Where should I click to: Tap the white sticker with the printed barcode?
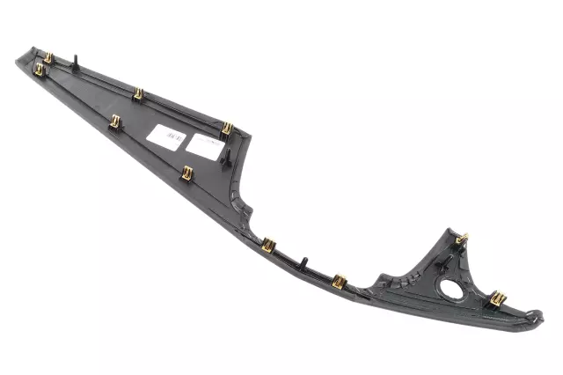point(166,136)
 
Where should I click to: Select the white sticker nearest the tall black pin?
point(204,146)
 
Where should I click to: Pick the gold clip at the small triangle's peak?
point(463,239)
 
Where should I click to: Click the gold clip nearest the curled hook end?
point(497,299)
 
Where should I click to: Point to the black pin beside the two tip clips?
point(78,62)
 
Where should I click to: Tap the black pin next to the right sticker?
point(228,159)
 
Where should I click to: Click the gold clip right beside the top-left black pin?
point(48,58)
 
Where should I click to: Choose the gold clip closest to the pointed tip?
point(39,69)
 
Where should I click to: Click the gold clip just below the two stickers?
point(186,173)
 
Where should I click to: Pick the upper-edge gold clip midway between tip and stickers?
point(137,93)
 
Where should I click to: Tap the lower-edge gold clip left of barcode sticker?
point(115,122)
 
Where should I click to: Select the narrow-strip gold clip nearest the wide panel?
point(268,245)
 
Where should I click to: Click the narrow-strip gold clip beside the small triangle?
point(340,282)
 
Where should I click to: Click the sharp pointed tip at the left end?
point(18,61)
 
